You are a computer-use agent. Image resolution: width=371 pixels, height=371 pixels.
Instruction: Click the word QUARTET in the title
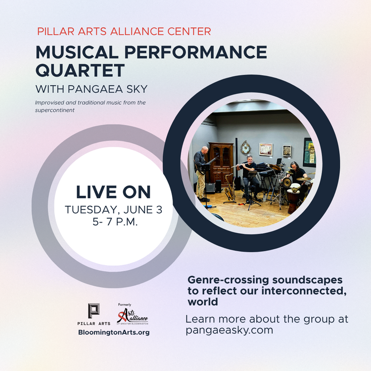80,70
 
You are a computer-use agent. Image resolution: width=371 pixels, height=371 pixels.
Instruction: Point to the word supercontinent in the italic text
54,110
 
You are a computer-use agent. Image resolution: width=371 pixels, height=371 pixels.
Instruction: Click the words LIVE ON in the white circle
113,192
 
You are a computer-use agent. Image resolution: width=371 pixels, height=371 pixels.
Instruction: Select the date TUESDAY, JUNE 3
114,210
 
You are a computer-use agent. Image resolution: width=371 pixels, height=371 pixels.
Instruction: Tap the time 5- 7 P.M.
115,222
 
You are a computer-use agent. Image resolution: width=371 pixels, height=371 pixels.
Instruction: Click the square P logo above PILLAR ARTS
93,311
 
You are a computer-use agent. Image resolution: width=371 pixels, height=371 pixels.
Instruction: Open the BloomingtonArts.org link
114,332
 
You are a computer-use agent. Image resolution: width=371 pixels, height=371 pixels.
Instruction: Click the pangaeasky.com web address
229,330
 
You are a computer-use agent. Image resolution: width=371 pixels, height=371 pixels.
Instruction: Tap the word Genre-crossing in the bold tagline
228,280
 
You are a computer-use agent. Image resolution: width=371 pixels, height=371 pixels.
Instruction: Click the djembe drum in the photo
293,197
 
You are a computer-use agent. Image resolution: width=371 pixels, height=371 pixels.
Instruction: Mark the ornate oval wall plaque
246,148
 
